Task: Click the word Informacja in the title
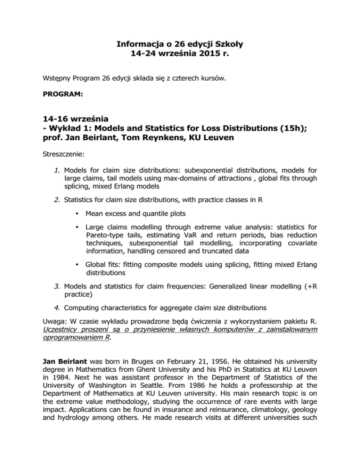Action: [133, 45]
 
